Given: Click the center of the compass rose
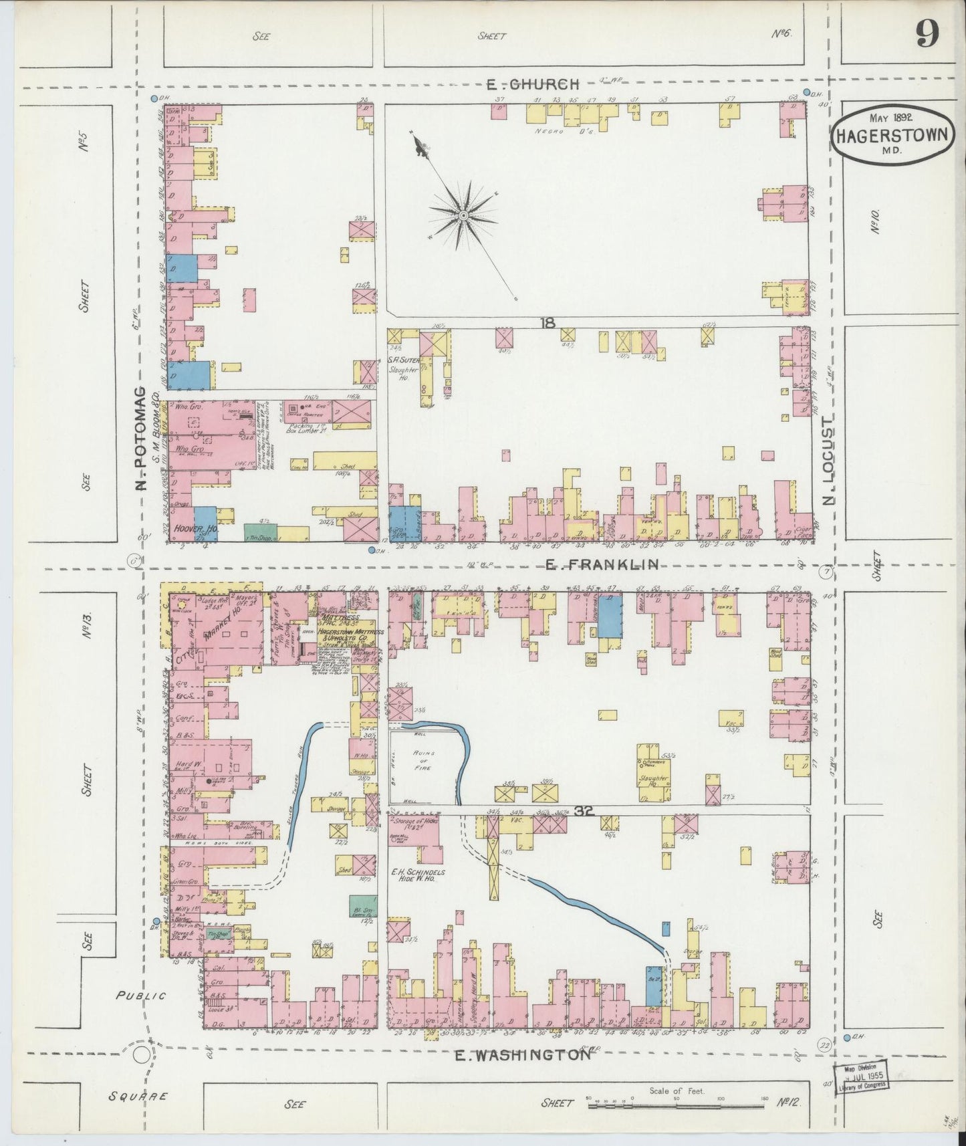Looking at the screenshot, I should point(463,215).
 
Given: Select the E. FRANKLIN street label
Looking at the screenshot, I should point(602,565).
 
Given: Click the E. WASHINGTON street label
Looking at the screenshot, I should point(523,1055).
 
